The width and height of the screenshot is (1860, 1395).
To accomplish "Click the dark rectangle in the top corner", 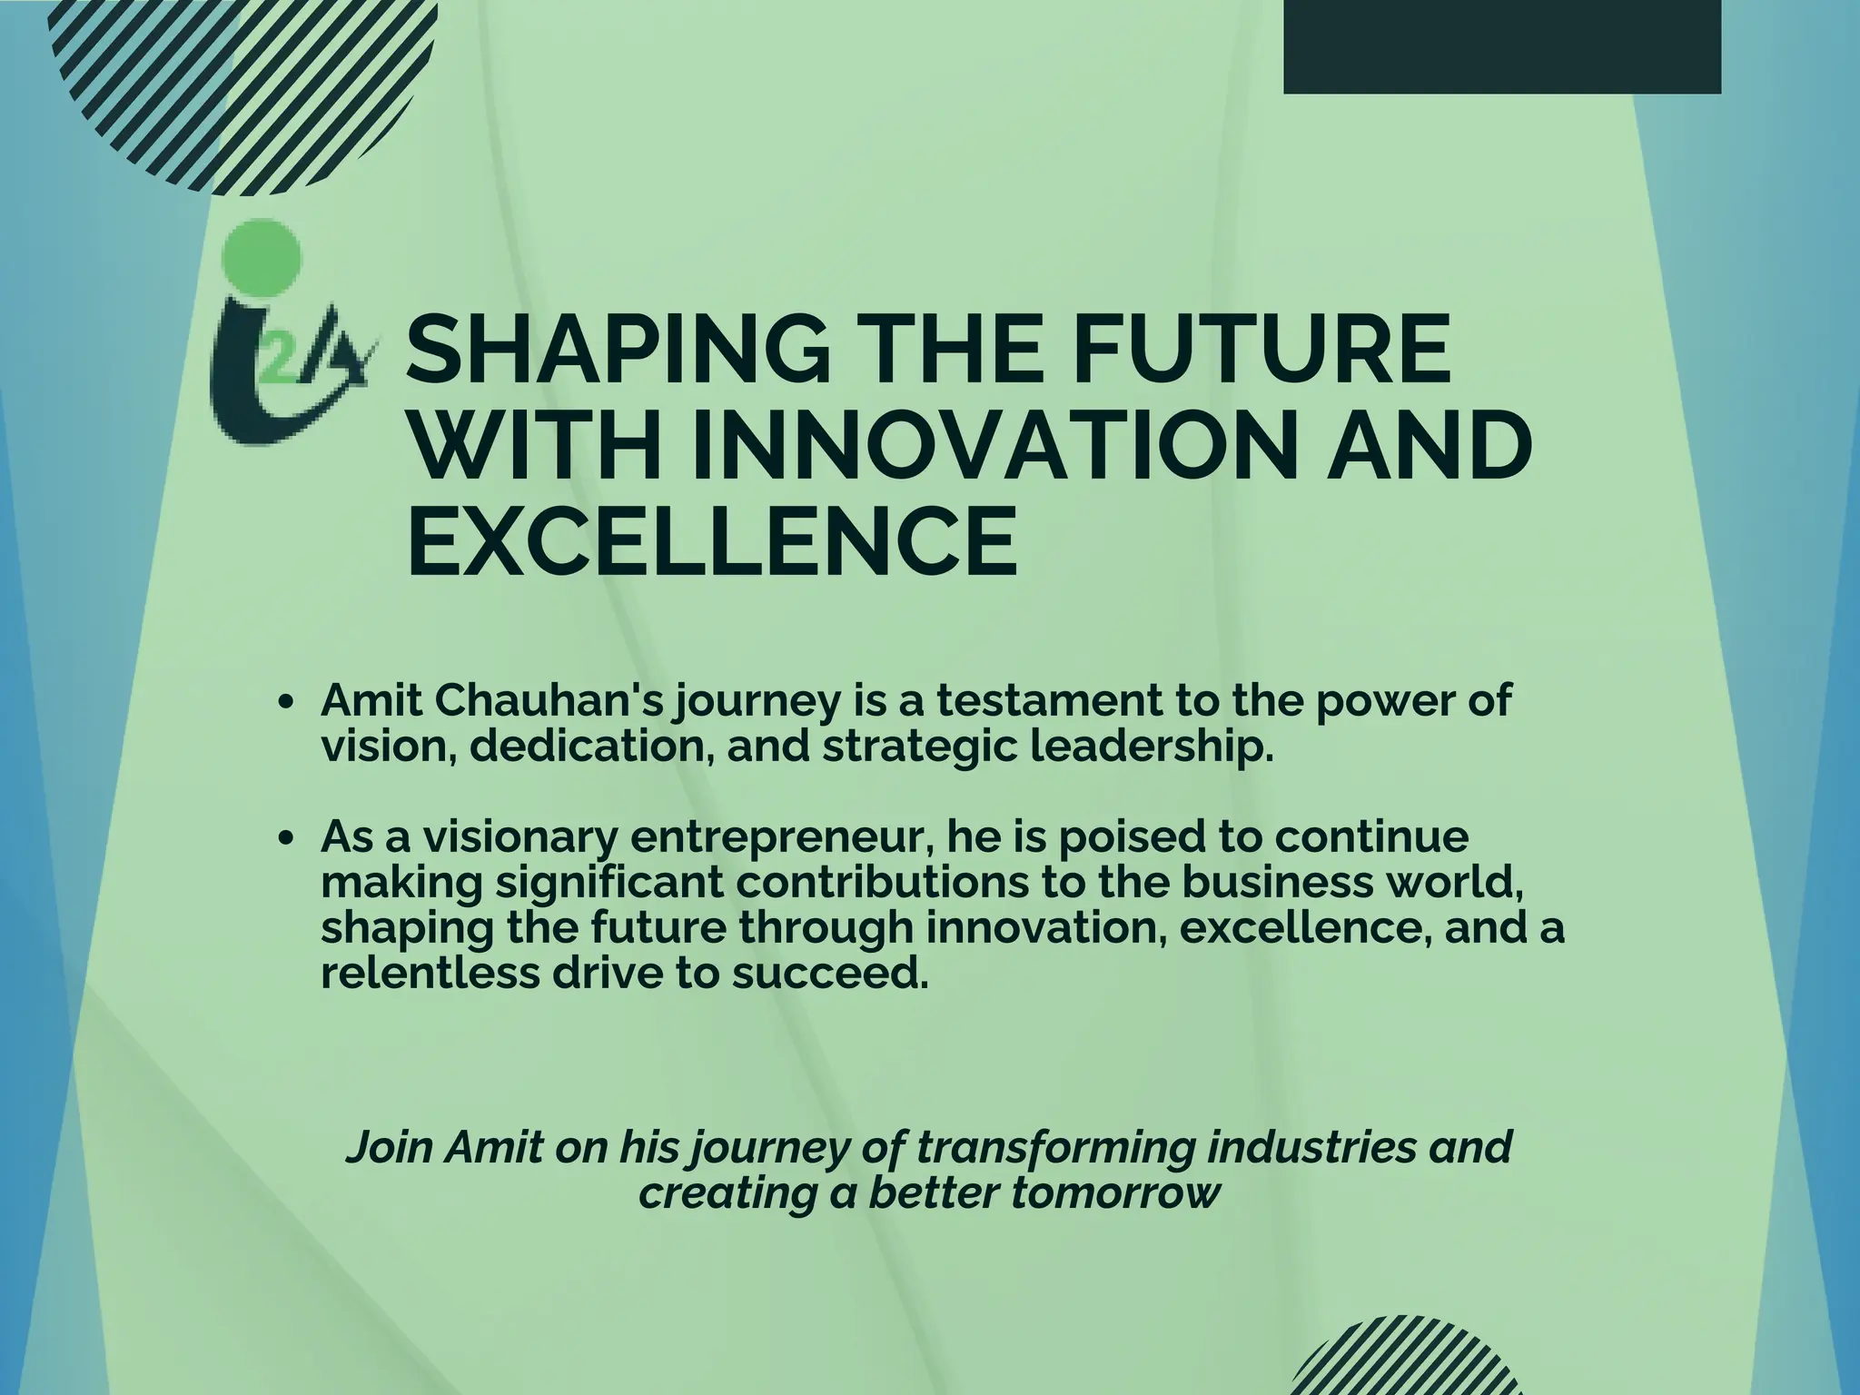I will (1501, 45).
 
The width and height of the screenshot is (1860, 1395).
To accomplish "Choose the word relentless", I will (428, 973).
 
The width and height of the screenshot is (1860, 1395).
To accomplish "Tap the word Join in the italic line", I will (390, 1147).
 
